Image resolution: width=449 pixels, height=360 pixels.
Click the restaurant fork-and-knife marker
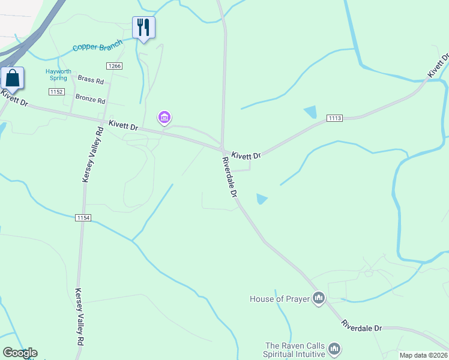tap(143, 27)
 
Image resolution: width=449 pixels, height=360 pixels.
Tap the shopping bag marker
tap(12, 79)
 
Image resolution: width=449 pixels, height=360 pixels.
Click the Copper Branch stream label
tap(97, 46)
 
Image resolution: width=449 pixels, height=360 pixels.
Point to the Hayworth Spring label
tap(58, 75)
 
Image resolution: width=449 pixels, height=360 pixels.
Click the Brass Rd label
tap(91, 80)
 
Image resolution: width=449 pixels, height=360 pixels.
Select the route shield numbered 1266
tap(113, 65)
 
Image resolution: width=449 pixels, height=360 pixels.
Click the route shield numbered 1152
tap(56, 91)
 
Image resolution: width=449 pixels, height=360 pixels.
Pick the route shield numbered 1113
tap(334, 118)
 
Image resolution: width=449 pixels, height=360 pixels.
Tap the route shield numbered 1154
tap(83, 217)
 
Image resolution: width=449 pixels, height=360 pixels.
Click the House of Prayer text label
tap(280, 298)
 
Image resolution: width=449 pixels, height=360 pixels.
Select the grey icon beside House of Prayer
tap(319, 298)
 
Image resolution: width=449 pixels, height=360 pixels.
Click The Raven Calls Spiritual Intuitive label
tap(295, 350)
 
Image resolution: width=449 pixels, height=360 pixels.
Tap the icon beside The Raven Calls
tap(335, 349)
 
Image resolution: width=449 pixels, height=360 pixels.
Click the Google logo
tap(20, 353)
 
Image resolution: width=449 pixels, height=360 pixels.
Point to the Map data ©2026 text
tap(423, 355)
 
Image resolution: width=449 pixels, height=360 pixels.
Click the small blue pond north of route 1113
tap(311, 112)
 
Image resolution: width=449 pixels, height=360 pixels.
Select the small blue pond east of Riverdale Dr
tap(262, 199)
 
